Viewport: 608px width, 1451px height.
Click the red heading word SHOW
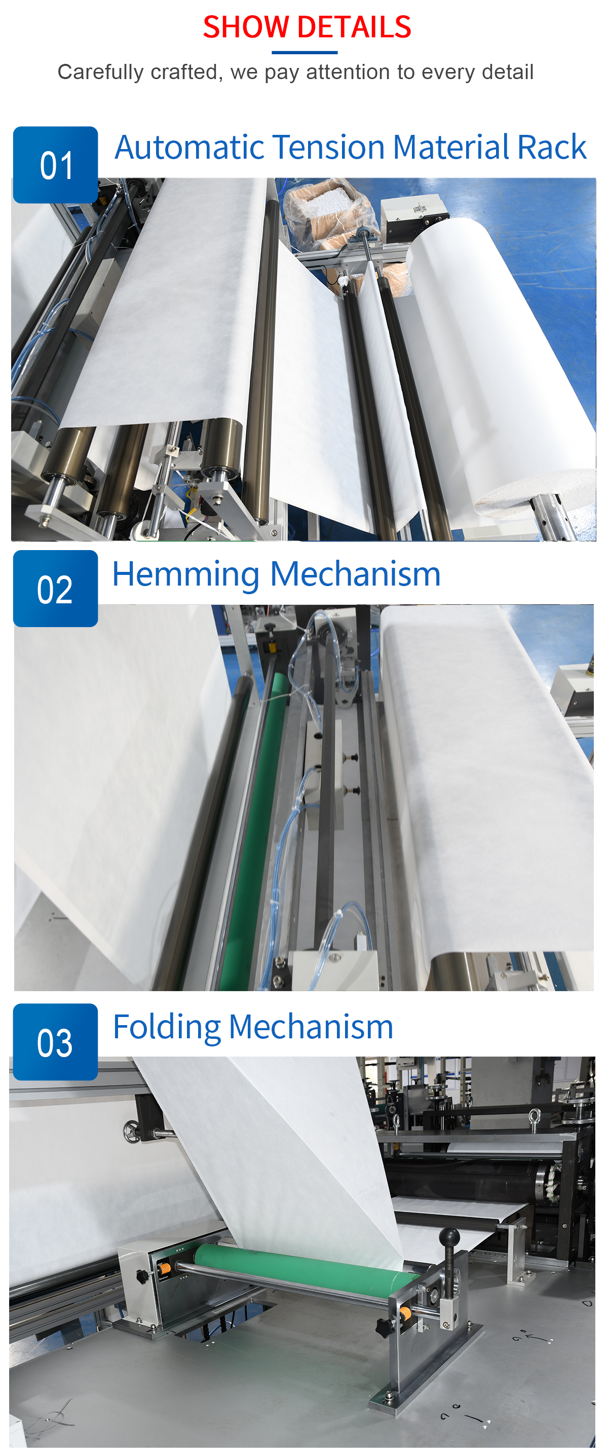pos(246,27)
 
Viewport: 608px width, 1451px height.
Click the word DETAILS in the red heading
pos(355,27)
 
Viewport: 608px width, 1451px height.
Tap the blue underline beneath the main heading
pos(305,52)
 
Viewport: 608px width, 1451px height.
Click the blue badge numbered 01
pos(55,165)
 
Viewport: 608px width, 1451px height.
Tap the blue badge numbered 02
pos(55,589)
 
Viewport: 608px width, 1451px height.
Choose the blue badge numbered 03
pos(55,1041)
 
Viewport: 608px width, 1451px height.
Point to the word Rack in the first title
pos(552,147)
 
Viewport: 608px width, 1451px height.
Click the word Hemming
pos(186,575)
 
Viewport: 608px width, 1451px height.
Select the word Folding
pos(167,1027)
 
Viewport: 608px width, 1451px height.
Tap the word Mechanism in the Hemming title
pos(355,574)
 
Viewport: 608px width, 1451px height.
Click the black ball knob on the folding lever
pos(450,1238)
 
